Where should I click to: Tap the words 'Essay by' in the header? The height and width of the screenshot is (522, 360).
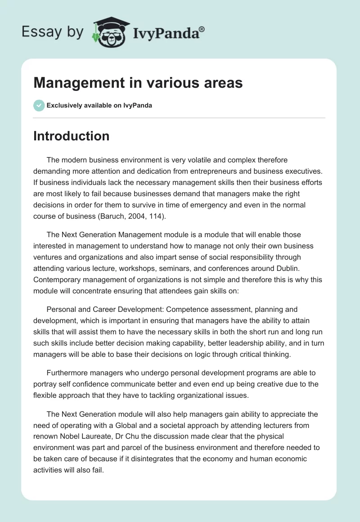pos(53,32)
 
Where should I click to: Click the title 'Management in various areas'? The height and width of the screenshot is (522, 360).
pos(138,83)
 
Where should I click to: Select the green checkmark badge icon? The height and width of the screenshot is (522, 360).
pos(39,105)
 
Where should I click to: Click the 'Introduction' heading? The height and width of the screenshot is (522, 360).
pos(71,136)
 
